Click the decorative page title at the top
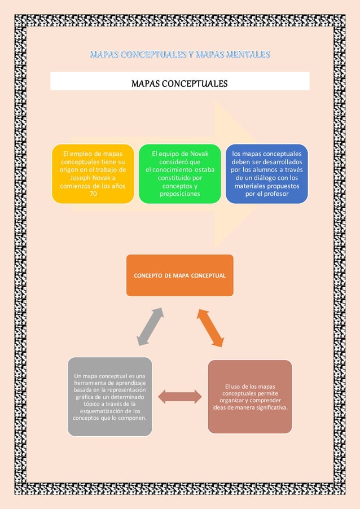179,55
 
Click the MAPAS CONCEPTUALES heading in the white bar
179,84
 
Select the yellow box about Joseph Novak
93,174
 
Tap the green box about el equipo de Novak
180,174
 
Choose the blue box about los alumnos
266,174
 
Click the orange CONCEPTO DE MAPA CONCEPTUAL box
179,275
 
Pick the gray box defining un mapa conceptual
109,397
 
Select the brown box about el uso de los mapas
249,397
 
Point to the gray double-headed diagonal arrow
151,327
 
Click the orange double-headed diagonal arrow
210,327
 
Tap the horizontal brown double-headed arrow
179,397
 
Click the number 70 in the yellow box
93,194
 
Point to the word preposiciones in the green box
180,194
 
